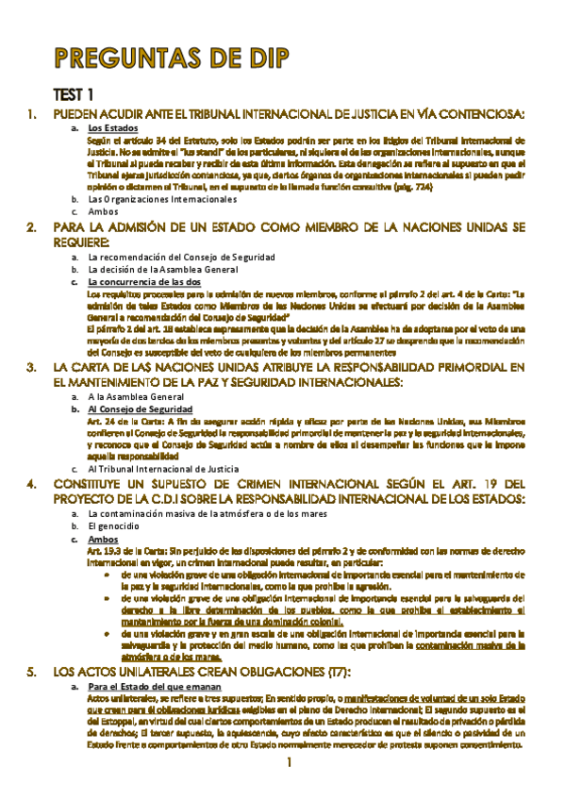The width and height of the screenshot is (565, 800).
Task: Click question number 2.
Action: pyautogui.click(x=32, y=228)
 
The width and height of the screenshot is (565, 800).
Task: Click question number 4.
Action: pyautogui.click(x=32, y=483)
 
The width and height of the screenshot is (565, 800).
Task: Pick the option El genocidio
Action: pyautogui.click(x=118, y=525)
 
